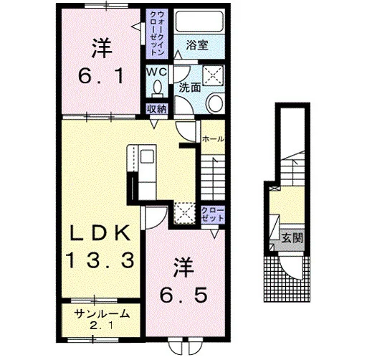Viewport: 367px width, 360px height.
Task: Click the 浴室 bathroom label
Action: (x=197, y=45)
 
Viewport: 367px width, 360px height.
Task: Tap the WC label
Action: (x=156, y=72)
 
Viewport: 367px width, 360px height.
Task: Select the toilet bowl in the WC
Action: (x=157, y=88)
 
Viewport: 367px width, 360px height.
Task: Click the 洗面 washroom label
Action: (x=190, y=87)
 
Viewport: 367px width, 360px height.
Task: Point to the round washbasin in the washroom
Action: (x=215, y=103)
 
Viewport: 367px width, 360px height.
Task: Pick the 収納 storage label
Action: (x=157, y=110)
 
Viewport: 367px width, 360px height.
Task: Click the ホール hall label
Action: (x=213, y=139)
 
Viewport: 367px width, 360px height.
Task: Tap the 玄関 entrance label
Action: (x=292, y=238)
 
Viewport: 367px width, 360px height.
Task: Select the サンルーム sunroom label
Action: (x=102, y=314)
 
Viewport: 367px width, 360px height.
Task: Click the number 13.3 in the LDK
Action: (x=100, y=260)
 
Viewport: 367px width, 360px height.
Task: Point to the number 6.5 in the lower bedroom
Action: (x=183, y=295)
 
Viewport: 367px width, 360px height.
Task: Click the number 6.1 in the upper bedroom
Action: (x=102, y=75)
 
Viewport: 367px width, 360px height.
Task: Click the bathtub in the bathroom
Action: (x=199, y=22)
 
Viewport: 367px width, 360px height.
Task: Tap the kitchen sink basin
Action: (x=146, y=156)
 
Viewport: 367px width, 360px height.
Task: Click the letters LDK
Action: (x=100, y=233)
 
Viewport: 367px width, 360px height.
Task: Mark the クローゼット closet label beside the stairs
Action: (x=213, y=214)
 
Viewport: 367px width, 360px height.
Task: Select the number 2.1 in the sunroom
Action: (x=102, y=326)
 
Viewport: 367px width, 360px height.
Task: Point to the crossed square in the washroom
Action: (x=214, y=75)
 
